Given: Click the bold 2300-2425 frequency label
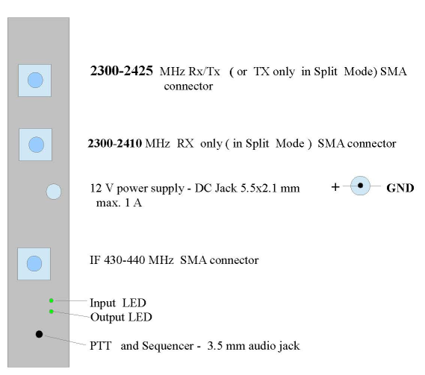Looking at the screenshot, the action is [x=122, y=71].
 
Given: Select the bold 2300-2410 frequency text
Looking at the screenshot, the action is [x=114, y=143].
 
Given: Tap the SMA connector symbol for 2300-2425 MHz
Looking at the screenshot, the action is [x=34, y=81].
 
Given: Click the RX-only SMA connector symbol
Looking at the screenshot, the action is [x=36, y=145].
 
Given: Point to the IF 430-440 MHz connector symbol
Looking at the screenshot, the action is [x=34, y=264].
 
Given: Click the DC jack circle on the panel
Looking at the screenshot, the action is [x=54, y=192].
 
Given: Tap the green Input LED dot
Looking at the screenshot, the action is [x=52, y=300].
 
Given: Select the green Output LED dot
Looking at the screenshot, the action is [x=52, y=312].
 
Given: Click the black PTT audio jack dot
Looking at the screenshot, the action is [x=39, y=334].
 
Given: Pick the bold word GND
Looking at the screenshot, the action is [x=400, y=188].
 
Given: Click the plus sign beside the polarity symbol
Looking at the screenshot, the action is [x=335, y=186].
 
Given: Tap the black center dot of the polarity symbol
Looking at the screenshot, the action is [x=360, y=186].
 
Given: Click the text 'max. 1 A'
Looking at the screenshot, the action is [x=119, y=203].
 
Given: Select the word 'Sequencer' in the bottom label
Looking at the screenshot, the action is [x=168, y=346].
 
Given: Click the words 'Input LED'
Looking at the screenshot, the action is [x=118, y=303].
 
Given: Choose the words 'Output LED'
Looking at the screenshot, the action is [x=121, y=317].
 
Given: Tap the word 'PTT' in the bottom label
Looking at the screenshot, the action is [x=101, y=346].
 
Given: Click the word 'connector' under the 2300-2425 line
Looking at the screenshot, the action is [x=188, y=86].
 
